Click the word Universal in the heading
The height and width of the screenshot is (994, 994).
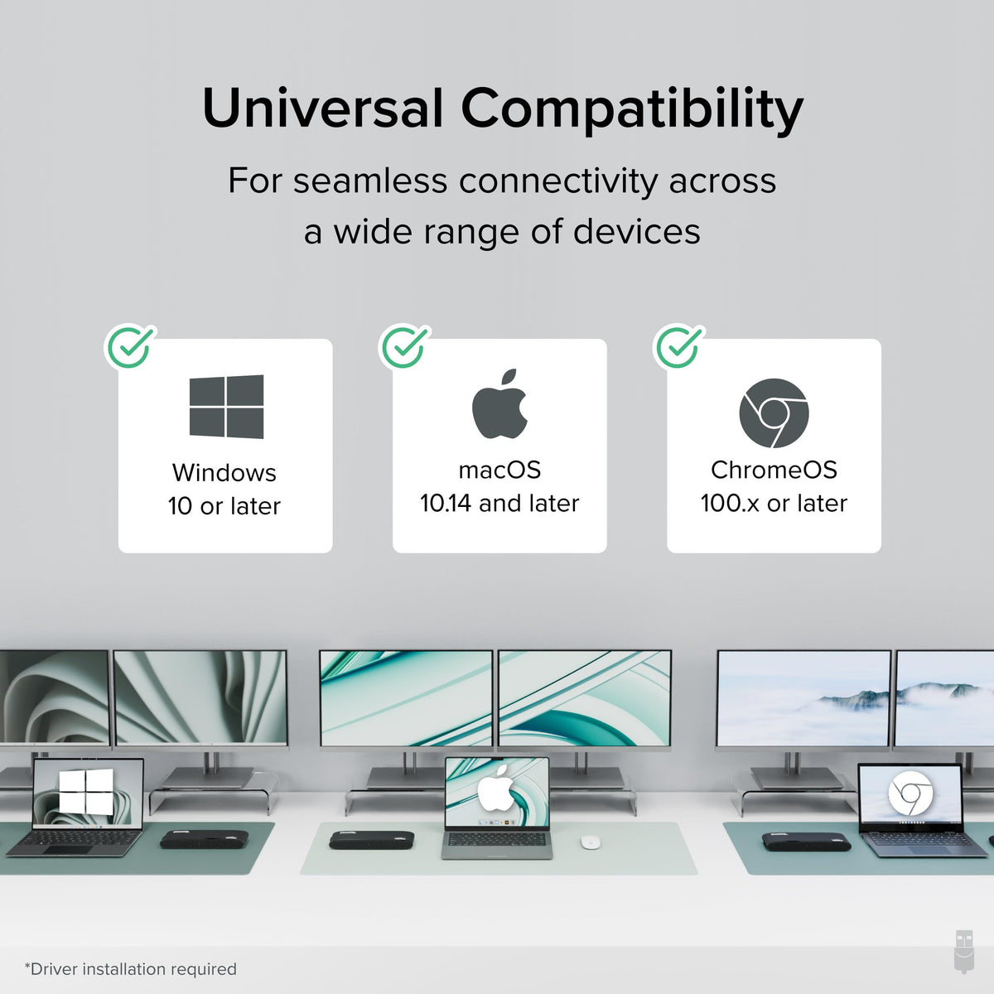[x=323, y=109]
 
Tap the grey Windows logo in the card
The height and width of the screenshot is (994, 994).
[x=226, y=407]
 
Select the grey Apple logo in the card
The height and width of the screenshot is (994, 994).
[x=499, y=404]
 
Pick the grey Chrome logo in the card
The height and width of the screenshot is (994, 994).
[x=774, y=413]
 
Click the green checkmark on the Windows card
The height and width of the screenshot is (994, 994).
[x=130, y=346]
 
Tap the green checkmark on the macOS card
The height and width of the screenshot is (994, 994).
[x=404, y=346]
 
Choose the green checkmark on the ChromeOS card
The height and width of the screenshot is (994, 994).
[x=679, y=346]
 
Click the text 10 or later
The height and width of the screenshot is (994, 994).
[x=224, y=506]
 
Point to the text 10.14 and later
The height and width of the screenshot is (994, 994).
[x=499, y=504]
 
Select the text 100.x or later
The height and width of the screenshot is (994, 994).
[x=774, y=504]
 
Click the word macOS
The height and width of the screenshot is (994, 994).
[x=499, y=470]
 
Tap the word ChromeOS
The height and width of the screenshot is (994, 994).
[x=774, y=470]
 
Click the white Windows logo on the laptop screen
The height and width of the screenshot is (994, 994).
[x=86, y=792]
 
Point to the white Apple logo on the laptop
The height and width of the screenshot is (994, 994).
[x=495, y=789]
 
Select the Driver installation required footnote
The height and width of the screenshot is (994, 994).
[x=131, y=969]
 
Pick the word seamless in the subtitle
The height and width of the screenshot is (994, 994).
[x=369, y=181]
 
